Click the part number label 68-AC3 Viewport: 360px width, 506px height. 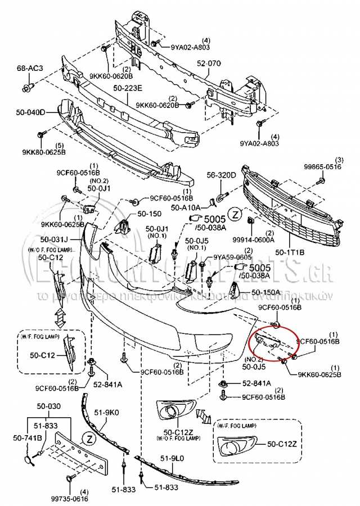coord(30,68)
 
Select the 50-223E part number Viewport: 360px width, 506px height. coord(128,88)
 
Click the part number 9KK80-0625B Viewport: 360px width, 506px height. coord(44,152)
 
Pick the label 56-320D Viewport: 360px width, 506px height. coord(220,175)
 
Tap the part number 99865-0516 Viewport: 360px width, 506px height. coord(323,167)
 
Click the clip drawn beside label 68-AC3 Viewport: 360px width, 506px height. coord(29,88)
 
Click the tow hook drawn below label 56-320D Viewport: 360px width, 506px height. coord(219,198)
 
